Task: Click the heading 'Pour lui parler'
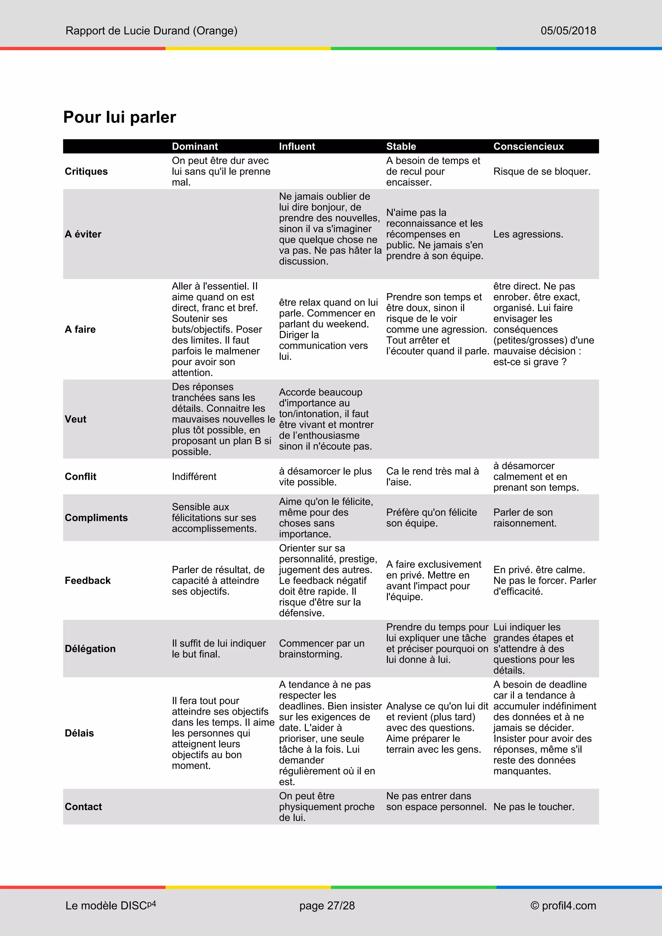119,117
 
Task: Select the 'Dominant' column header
195,146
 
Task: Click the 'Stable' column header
401,146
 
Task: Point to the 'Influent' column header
297,146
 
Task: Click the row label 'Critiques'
86,171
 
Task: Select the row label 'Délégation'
90,649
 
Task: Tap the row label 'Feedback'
88,580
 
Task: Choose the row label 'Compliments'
96,518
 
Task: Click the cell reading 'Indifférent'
194,476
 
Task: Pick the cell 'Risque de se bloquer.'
542,171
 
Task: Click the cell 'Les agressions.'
528,234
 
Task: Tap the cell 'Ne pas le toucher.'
534,807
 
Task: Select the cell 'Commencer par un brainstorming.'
321,649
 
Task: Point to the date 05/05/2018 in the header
568,31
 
